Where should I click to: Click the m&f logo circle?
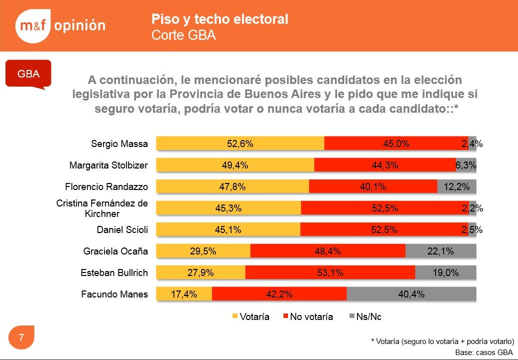click(x=32, y=26)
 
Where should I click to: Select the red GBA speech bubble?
click(x=28, y=73)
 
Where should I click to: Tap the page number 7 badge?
click(x=21, y=337)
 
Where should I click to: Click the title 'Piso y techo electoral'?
click(x=219, y=19)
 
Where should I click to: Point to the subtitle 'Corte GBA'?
click(x=183, y=35)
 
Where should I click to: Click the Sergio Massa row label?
click(x=119, y=143)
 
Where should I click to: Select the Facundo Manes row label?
click(x=114, y=294)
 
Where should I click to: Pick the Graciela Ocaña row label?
click(x=115, y=251)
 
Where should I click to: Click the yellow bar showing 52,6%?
click(x=240, y=143)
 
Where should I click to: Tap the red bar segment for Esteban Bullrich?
click(x=330, y=272)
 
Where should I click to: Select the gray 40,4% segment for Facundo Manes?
click(x=411, y=294)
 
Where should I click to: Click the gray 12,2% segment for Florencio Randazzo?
click(x=457, y=186)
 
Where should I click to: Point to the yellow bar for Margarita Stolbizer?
click(x=235, y=165)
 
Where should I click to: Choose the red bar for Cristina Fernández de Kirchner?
click(x=385, y=208)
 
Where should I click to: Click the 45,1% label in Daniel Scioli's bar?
click(x=228, y=229)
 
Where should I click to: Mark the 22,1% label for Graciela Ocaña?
click(x=440, y=251)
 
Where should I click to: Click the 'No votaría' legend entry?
click(x=308, y=316)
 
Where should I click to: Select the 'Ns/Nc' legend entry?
click(x=365, y=316)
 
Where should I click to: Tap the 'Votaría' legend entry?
click(x=250, y=316)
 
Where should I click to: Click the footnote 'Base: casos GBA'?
click(x=484, y=352)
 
